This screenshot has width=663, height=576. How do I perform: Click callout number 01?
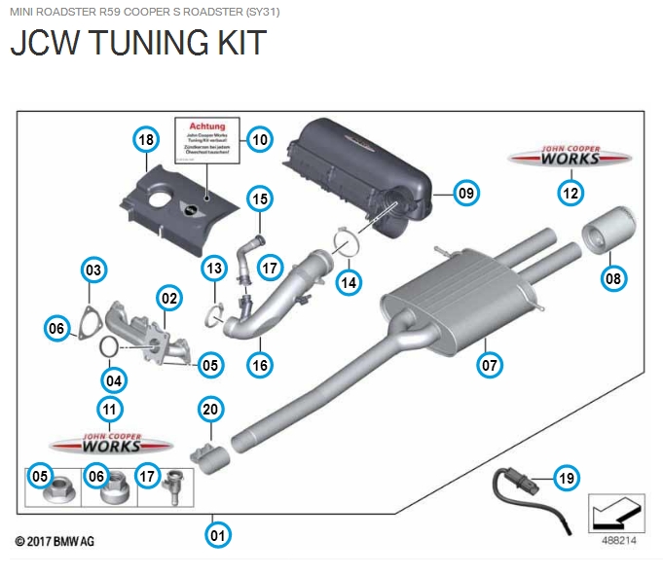218,534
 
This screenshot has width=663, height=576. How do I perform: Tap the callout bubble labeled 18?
146,141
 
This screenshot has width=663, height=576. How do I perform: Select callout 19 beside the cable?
566,478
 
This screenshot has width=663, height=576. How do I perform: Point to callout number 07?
489,365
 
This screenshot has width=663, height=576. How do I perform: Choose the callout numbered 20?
210,410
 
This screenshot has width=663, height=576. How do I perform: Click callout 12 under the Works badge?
571,193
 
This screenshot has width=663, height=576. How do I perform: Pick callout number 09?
466,194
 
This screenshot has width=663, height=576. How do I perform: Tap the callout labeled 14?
349,282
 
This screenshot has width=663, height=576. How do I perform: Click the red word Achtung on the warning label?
206,126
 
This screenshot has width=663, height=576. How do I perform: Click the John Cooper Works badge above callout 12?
571,157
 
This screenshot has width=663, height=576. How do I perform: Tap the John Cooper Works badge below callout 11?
109,444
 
